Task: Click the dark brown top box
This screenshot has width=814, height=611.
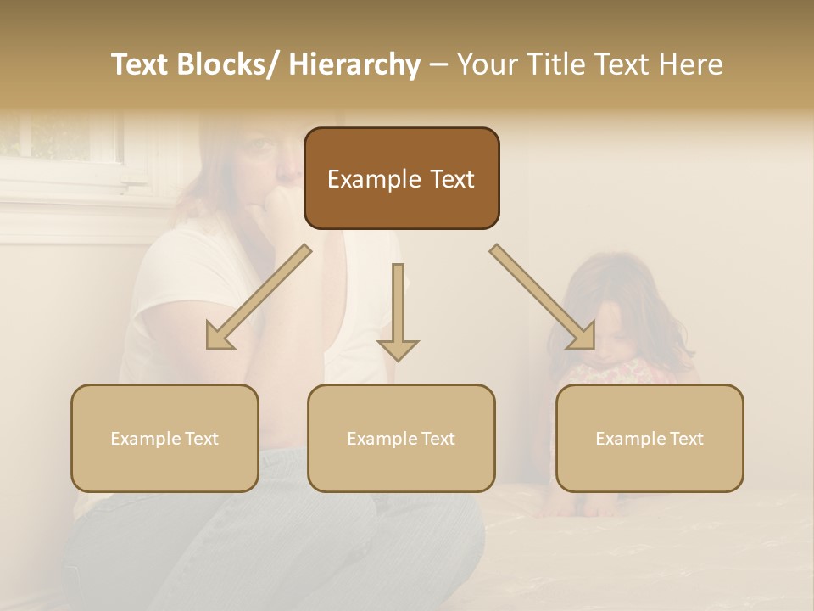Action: (x=401, y=178)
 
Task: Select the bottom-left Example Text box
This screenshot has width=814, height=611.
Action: (x=164, y=438)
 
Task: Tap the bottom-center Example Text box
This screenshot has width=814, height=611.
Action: (x=401, y=438)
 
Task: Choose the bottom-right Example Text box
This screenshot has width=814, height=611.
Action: (x=650, y=438)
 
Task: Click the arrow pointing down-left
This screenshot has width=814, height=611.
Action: (x=258, y=297)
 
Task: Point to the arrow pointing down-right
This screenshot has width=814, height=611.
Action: (x=543, y=297)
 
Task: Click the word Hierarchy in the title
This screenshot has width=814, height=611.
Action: (x=354, y=64)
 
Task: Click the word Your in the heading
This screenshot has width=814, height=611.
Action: (x=486, y=64)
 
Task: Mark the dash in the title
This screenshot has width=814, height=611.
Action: (x=438, y=64)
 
